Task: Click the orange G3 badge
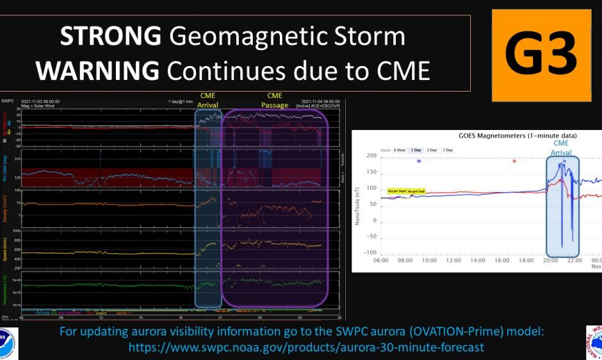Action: coord(541,50)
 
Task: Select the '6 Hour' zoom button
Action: coord(399,150)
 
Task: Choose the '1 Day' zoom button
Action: coord(416,150)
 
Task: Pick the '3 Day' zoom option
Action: coord(433,150)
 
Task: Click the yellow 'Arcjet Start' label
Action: coord(397,191)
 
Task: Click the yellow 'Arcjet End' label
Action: coord(416,192)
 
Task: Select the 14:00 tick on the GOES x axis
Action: coord(478,261)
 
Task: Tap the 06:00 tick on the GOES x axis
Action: coord(380,261)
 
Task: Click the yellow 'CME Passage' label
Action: coord(274,100)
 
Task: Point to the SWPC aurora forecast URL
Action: coord(306,347)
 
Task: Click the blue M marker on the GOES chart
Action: coord(419,161)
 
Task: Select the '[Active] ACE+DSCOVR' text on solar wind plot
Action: coord(321,106)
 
